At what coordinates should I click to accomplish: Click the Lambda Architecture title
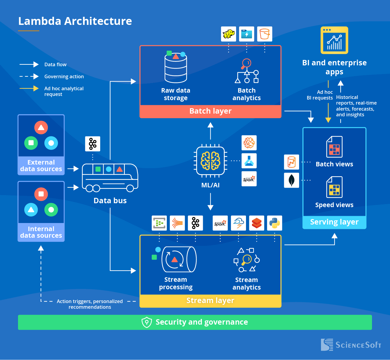point(75,21)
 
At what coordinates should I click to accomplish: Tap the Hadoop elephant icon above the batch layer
point(229,34)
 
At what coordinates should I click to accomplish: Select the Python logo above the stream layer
point(274,223)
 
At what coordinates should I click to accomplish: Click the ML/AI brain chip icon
point(210,161)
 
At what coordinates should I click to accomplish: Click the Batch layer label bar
point(210,111)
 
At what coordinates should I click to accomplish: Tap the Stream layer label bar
point(210,301)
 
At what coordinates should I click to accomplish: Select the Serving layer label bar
point(334,222)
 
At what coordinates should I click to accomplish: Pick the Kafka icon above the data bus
point(93,144)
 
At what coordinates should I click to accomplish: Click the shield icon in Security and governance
point(147,322)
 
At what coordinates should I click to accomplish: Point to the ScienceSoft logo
point(351,345)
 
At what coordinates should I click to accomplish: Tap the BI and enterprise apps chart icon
point(334,40)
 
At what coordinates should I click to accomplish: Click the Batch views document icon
point(334,147)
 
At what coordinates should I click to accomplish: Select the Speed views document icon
point(334,187)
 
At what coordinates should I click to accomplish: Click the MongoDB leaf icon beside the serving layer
point(292,180)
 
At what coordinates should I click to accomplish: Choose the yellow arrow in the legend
point(29,88)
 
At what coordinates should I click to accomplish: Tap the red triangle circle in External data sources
point(41,128)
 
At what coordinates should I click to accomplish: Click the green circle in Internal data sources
point(51,210)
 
